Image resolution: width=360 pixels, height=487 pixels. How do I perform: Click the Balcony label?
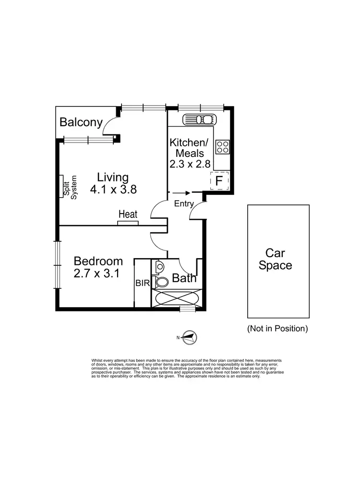tap(81, 122)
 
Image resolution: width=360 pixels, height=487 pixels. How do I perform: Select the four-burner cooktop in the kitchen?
tap(222, 146)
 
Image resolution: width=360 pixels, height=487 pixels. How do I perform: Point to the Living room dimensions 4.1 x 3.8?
tap(113, 189)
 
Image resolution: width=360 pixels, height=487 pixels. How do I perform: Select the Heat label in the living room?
tap(128, 214)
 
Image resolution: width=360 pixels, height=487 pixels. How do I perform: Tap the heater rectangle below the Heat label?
tap(128, 223)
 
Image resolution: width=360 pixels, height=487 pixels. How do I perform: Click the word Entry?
tap(184, 204)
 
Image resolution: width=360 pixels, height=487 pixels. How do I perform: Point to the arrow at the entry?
tap(181, 193)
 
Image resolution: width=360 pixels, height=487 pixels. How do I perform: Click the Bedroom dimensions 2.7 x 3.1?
tap(97, 274)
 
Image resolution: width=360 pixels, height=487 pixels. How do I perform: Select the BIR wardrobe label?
tap(142, 283)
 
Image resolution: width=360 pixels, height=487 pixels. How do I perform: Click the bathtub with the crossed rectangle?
tap(176, 298)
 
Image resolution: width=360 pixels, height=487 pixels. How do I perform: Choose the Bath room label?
tap(184, 278)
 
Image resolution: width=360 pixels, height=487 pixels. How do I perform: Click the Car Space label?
tap(275, 259)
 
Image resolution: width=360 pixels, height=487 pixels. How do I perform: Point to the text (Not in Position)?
tap(277, 329)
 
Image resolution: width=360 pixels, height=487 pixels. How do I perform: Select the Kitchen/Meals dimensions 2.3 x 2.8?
tap(190, 164)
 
